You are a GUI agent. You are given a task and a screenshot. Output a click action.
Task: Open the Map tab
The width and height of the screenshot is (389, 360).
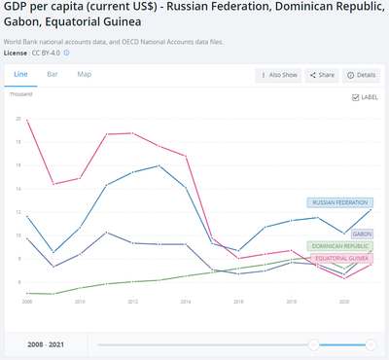click(x=85, y=74)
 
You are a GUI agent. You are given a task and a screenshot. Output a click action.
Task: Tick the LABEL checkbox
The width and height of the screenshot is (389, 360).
click(x=356, y=97)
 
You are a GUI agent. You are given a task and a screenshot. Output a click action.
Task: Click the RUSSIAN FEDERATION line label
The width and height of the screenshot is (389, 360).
click(x=338, y=202)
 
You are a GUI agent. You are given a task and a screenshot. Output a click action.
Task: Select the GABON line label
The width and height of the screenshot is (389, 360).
click(x=363, y=234)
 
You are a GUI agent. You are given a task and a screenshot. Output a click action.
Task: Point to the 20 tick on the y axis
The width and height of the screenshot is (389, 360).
click(x=18, y=118)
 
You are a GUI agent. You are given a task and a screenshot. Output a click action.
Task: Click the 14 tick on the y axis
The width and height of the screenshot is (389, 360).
click(x=18, y=188)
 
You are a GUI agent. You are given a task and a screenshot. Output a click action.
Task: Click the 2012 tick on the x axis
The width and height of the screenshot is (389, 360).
click(x=131, y=302)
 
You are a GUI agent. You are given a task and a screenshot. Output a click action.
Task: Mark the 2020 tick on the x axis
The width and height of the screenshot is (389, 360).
click(x=343, y=302)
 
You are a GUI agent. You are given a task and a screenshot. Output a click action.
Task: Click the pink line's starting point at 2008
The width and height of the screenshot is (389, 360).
click(x=26, y=121)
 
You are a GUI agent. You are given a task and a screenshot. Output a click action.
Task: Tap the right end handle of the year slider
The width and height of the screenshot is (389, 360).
click(x=371, y=344)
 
